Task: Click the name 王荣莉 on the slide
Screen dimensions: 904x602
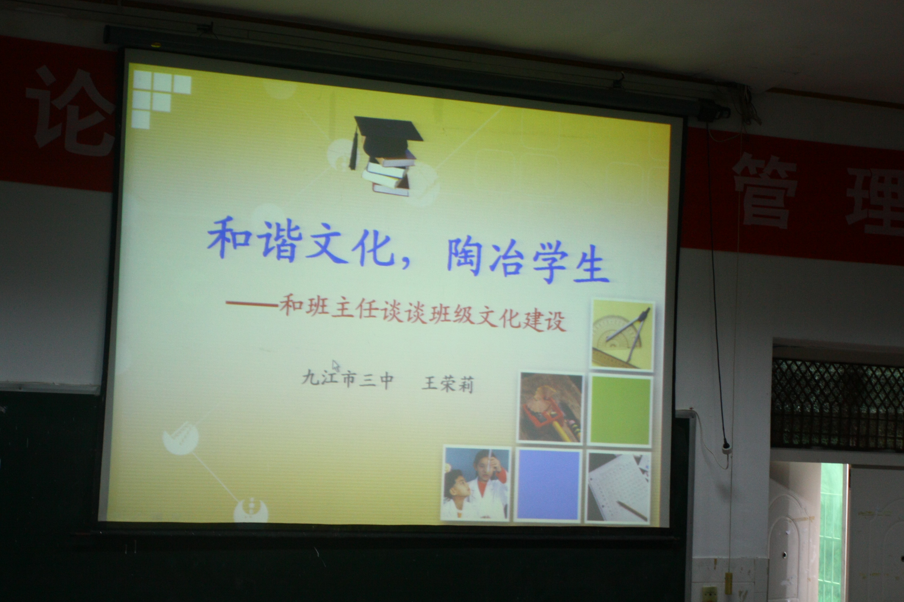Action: coord(447,385)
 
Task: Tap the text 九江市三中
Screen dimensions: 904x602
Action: coord(346,378)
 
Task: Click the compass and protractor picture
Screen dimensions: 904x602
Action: coord(623,335)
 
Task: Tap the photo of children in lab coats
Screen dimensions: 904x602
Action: coord(476,484)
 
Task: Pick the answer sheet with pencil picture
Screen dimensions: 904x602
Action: coord(619,487)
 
